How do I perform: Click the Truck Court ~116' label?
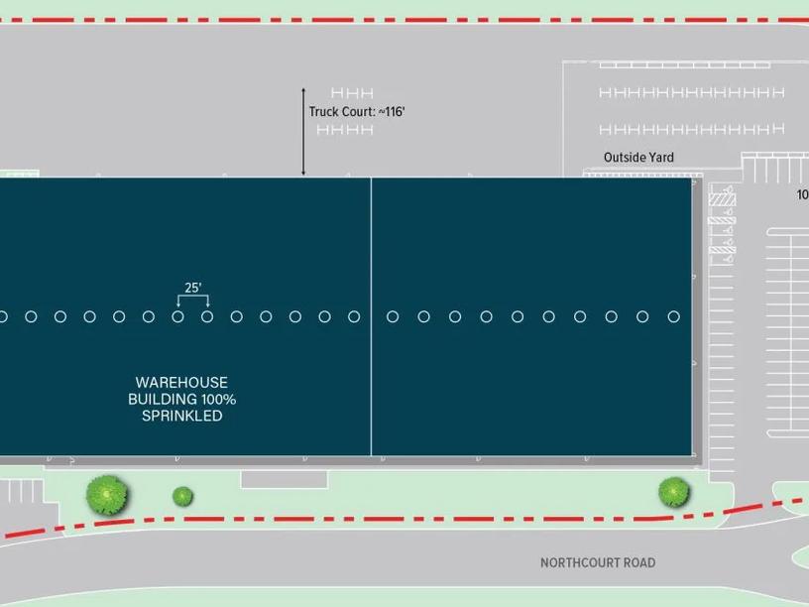(357, 112)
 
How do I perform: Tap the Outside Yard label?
(638, 157)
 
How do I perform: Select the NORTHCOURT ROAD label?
(598, 562)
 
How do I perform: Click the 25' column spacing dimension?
(192, 289)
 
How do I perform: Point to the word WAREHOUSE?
(181, 382)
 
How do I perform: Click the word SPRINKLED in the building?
(181, 416)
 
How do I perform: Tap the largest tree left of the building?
(106, 492)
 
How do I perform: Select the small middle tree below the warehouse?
(182, 495)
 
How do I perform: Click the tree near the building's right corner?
(673, 490)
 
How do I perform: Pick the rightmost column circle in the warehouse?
(674, 316)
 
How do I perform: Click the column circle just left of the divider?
(354, 316)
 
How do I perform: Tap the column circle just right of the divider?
(393, 316)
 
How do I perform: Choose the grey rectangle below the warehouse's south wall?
(284, 479)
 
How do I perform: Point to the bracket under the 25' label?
(192, 301)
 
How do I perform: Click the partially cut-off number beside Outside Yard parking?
(802, 195)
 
